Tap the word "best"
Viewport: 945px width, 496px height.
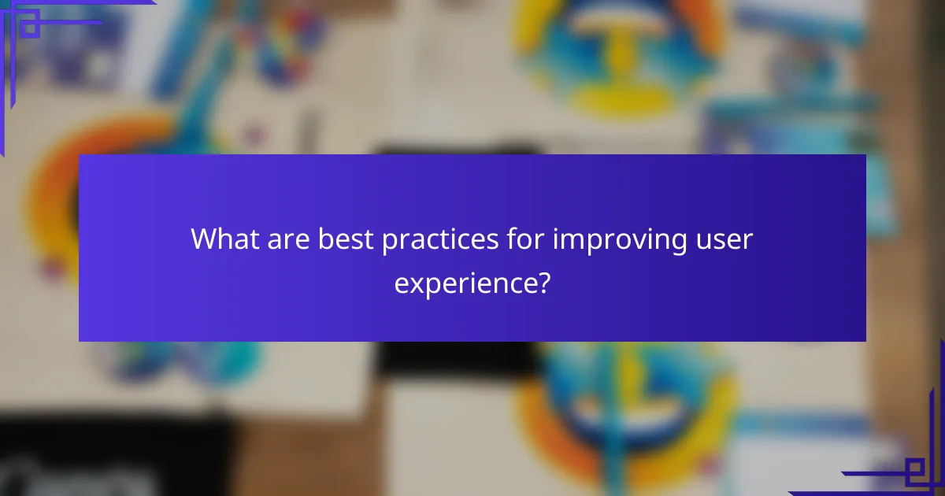[346, 239]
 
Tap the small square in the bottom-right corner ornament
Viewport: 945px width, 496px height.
[914, 470]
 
